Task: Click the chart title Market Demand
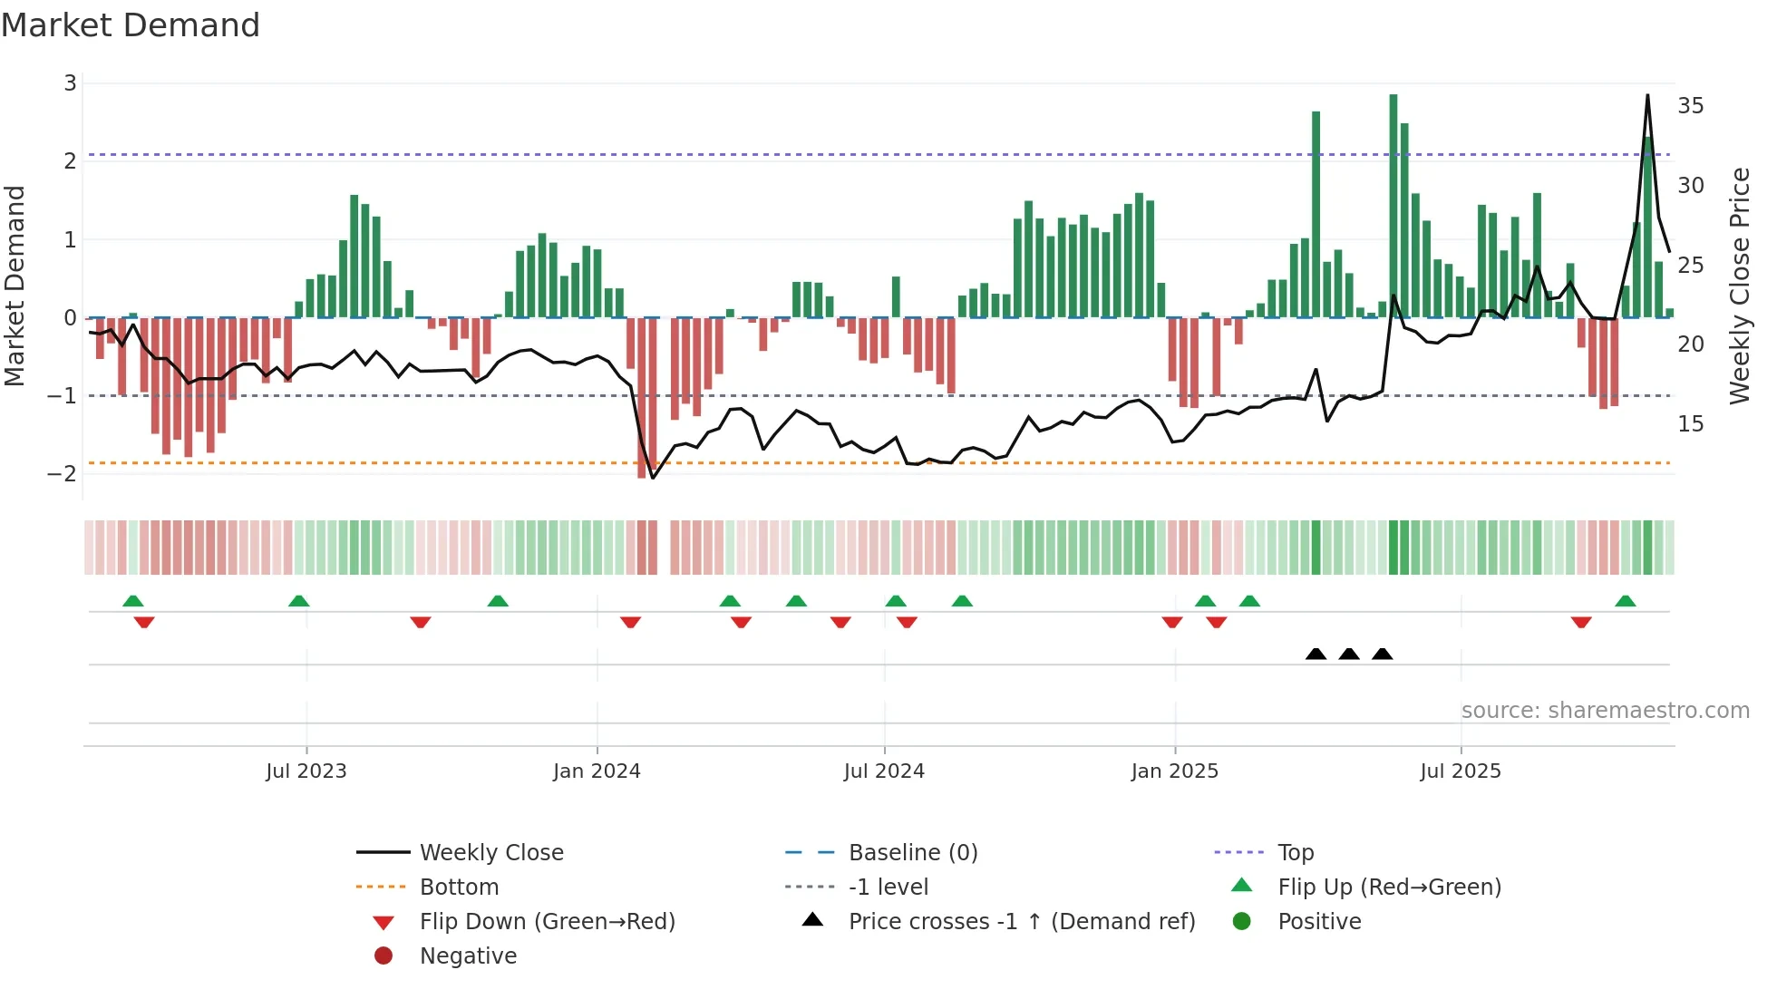pos(131,25)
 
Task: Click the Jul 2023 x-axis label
pos(306,771)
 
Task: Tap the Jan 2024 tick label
pos(597,771)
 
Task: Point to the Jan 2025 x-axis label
pos(1175,771)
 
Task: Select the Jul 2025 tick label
pos(1461,771)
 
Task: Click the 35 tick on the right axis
pos(1690,106)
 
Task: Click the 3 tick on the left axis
pos(70,83)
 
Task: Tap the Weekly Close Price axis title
pos(1739,286)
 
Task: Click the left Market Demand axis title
pos(15,286)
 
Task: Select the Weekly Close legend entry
pos(490,853)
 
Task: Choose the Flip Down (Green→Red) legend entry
pos(547,922)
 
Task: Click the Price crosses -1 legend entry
pos(1022,922)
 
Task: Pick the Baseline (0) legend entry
pos(913,853)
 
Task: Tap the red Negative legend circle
pos(384,956)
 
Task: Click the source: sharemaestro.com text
pos(1605,711)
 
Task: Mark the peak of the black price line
pos(1647,95)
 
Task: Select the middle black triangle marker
pos(1349,655)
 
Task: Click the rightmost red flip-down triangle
pos(1581,622)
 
